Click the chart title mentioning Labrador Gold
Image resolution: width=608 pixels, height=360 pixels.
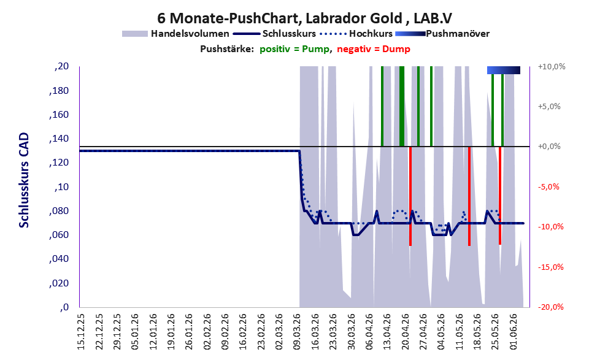click(x=304, y=18)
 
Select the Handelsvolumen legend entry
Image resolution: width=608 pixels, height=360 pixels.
click(x=175, y=34)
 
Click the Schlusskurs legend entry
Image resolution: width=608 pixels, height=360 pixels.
click(x=274, y=34)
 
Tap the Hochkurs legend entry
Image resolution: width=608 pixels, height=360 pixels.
click(x=356, y=34)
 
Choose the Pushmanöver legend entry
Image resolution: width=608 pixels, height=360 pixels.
click(x=442, y=34)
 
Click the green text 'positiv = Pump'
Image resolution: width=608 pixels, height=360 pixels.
click(x=294, y=49)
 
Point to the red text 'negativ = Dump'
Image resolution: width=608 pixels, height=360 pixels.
click(x=374, y=49)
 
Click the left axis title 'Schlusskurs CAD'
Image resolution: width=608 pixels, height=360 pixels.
click(x=24, y=180)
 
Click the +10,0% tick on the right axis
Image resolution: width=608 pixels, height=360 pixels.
click(x=552, y=66)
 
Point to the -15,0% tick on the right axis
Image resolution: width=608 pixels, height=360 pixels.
click(x=550, y=267)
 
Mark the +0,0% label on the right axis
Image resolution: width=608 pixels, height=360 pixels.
click(x=549, y=147)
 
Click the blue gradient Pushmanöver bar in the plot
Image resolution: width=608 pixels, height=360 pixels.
click(x=504, y=70)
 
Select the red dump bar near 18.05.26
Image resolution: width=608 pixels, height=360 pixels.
click(x=469, y=196)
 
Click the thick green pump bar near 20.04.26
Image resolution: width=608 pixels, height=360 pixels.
click(x=402, y=107)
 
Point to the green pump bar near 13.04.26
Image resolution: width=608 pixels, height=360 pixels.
click(x=382, y=107)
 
